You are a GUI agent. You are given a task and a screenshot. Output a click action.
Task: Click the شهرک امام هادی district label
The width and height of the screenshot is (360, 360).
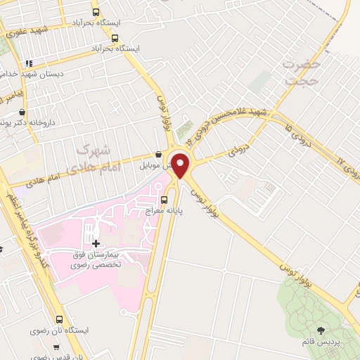pyautogui.click(x=98, y=158)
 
